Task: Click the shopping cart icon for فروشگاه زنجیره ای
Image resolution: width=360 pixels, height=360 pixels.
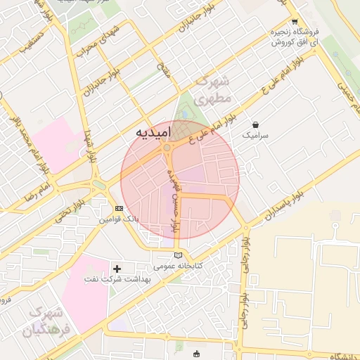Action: click(x=295, y=21)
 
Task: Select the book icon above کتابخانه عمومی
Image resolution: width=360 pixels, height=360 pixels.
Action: click(x=178, y=255)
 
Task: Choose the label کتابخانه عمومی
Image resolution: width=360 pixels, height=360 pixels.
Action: click(x=179, y=266)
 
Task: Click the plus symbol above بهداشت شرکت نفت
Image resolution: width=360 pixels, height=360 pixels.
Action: click(x=117, y=269)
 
